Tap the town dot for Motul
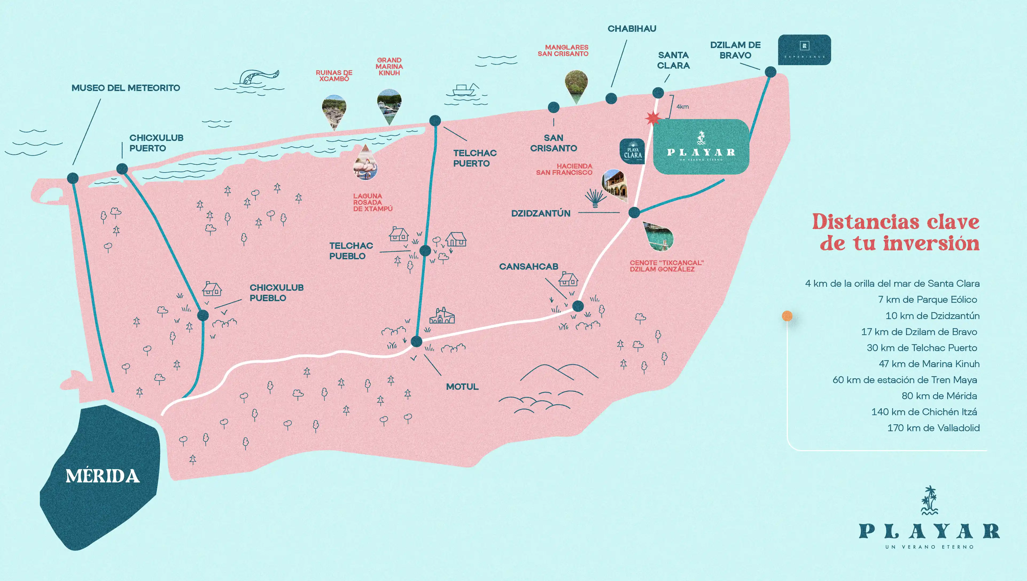pos(417,341)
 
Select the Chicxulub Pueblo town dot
pos(203,315)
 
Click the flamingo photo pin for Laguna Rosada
pos(365,164)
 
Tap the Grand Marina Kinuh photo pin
pos(389,105)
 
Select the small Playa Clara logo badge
pos(632,152)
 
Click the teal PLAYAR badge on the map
pos(701,147)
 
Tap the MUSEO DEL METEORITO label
pos(126,88)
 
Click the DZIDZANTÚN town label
pos(541,214)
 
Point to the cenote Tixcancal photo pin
pos(660,237)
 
